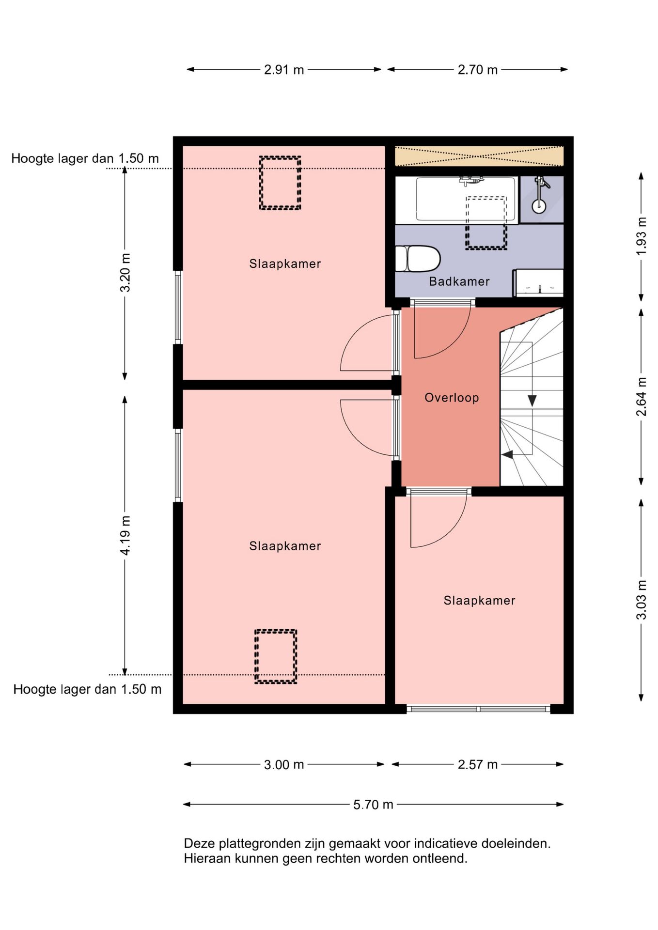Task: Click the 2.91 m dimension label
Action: tap(284, 70)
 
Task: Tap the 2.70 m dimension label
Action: tap(478, 70)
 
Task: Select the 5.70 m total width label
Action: tap(373, 805)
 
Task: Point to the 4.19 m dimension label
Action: tap(125, 535)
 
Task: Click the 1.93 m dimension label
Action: tap(642, 236)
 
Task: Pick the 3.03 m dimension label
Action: tap(642, 600)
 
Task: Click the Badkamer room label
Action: tap(459, 281)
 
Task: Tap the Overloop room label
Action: tap(452, 398)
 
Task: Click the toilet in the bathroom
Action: tap(418, 259)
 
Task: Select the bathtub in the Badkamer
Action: tap(457, 200)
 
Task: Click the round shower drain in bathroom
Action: tap(539, 206)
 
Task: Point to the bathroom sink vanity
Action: tap(538, 283)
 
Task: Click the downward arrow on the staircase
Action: tap(532, 401)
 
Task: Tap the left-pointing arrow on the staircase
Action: tap(507, 455)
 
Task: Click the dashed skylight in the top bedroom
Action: tap(280, 183)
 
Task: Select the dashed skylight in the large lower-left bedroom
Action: tap(276, 656)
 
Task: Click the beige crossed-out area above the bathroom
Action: tap(479, 156)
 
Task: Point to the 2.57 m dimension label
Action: tap(478, 765)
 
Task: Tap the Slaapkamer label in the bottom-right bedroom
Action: tap(479, 601)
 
